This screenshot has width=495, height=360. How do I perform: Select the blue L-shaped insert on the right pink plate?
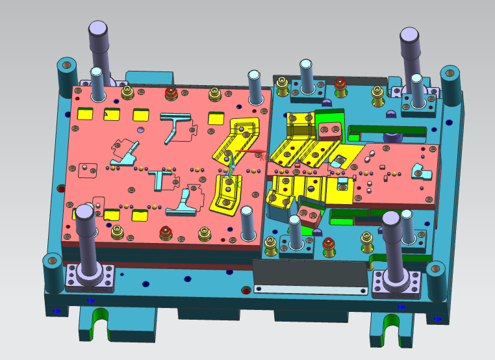click(x=422, y=172)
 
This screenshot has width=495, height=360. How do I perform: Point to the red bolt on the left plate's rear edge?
click(x=171, y=92)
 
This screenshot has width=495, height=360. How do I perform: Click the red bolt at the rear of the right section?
click(x=340, y=84)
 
